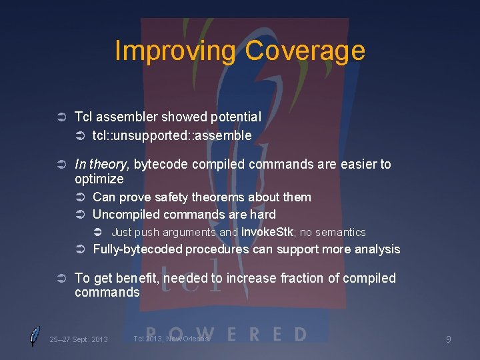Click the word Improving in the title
click(175, 51)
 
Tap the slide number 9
click(448, 339)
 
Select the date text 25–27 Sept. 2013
click(79, 339)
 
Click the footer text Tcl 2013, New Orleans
click(171, 339)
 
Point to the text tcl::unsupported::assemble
click(172, 135)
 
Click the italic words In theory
click(102, 164)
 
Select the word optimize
click(99, 179)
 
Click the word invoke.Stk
click(269, 232)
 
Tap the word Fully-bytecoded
click(137, 249)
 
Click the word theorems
click(219, 197)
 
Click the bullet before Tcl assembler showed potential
click(59, 117)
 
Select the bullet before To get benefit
click(59, 279)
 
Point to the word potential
click(236, 117)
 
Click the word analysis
click(378, 249)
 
